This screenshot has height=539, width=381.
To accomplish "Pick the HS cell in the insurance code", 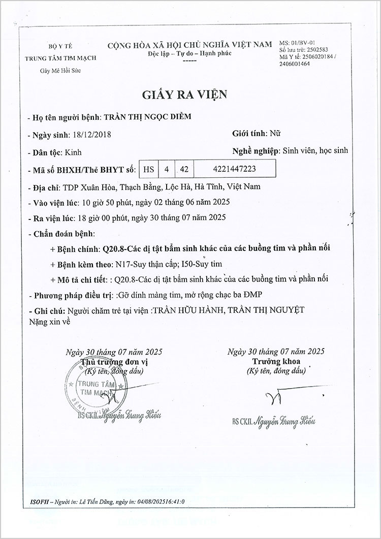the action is click(148, 168).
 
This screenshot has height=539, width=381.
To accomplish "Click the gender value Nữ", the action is click(274, 134).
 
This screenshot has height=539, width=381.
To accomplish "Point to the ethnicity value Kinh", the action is click(73, 152).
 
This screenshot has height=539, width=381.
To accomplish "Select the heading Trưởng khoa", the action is click(276, 362).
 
